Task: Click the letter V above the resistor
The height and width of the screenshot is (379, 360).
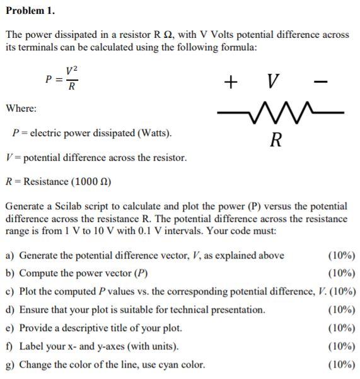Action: pyautogui.click(x=272, y=81)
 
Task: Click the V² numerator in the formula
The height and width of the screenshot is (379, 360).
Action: pyautogui.click(x=72, y=71)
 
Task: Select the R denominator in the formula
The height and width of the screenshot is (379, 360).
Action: pyautogui.click(x=72, y=87)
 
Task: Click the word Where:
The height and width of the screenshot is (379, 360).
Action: pyautogui.click(x=21, y=108)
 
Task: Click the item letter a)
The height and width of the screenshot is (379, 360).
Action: pyautogui.click(x=10, y=255)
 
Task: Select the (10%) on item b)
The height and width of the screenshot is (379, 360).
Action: pyautogui.click(x=342, y=273)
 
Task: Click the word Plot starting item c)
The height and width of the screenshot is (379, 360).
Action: pyautogui.click(x=28, y=291)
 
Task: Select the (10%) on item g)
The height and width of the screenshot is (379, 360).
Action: pyautogui.click(x=342, y=364)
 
